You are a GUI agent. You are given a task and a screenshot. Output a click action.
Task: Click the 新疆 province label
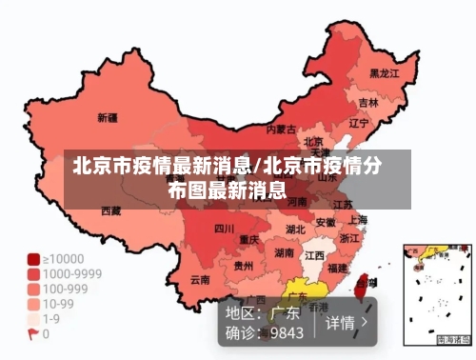click(x=108, y=119)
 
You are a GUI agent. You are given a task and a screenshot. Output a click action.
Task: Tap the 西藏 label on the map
click(x=111, y=210)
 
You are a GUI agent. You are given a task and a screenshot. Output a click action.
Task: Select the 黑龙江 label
click(x=384, y=72)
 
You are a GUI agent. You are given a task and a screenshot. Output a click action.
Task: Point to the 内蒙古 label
click(x=281, y=128)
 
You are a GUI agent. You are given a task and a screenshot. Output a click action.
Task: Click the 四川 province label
click(x=224, y=229)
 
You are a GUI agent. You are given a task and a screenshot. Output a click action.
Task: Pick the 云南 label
click(x=200, y=279)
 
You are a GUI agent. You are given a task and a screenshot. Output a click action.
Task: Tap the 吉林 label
click(x=368, y=101)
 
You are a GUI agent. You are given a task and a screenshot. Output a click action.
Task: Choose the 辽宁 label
click(x=358, y=123)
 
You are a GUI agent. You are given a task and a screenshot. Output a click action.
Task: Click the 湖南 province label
click(x=284, y=253)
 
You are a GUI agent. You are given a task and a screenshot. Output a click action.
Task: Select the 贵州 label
click(x=244, y=266)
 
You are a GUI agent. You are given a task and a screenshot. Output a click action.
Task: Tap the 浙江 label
click(x=349, y=238)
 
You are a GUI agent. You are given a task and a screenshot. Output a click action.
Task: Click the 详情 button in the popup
click(x=346, y=323)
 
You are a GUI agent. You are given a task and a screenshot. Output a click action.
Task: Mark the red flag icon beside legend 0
click(x=33, y=334)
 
